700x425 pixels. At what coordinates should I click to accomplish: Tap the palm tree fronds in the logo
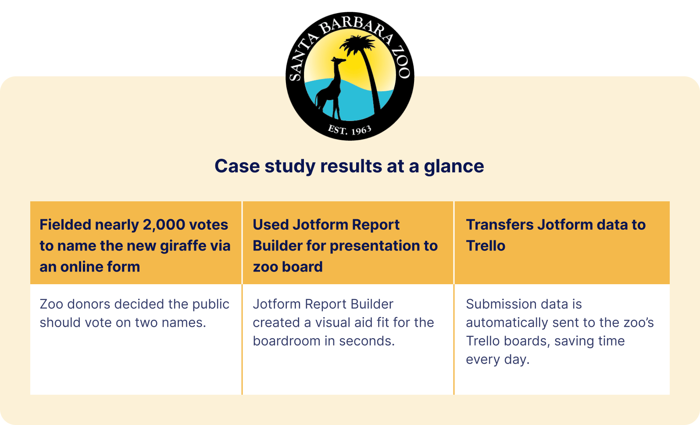click(358, 46)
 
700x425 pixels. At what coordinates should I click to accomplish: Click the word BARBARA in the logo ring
click(356, 30)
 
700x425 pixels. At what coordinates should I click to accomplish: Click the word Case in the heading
click(237, 166)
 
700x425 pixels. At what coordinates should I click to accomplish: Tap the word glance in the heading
click(454, 167)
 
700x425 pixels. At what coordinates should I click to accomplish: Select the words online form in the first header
click(100, 267)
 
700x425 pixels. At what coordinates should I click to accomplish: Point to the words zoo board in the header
click(288, 267)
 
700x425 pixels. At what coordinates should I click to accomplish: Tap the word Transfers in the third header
click(499, 225)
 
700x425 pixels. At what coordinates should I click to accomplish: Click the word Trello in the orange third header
click(486, 246)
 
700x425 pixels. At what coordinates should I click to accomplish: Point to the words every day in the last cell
click(497, 360)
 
